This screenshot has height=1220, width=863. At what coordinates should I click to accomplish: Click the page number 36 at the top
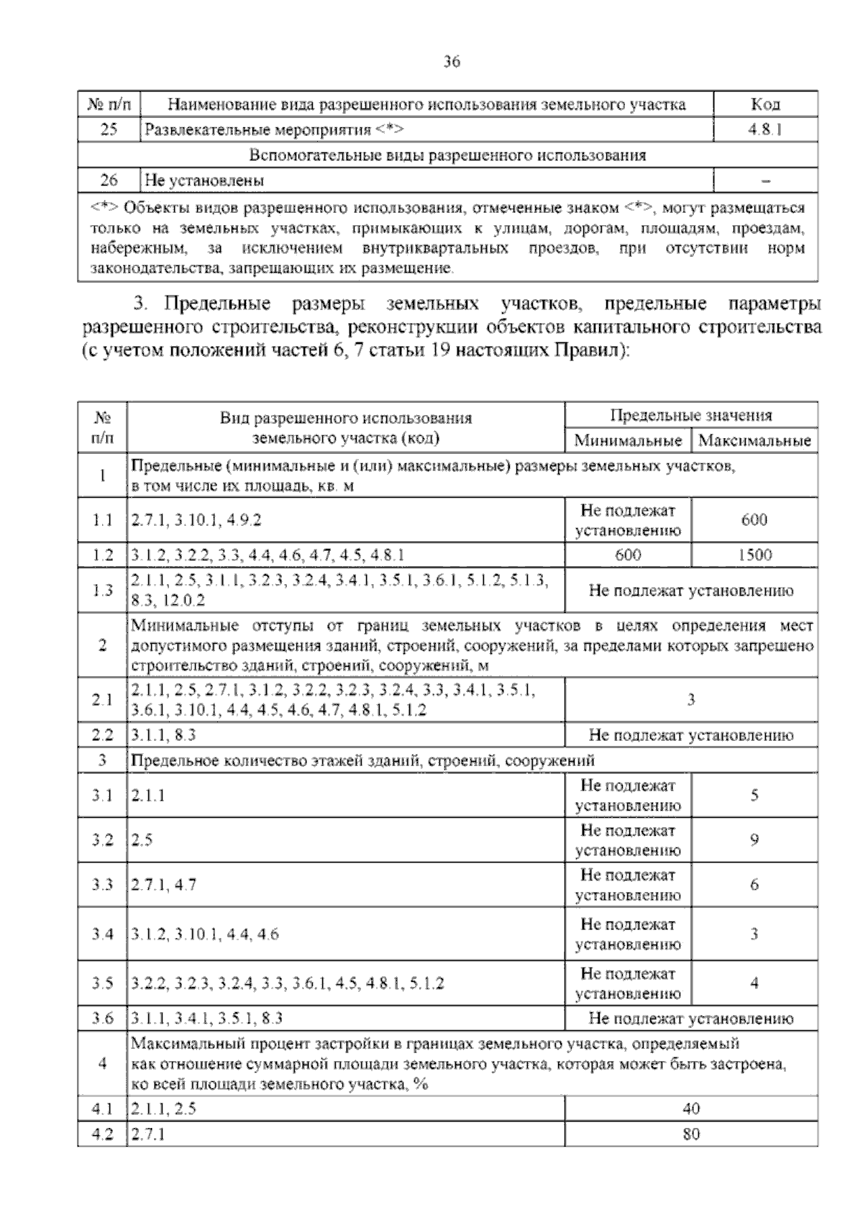451,62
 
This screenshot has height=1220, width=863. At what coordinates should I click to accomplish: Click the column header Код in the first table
765,105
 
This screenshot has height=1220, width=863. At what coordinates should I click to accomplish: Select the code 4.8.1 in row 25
765,130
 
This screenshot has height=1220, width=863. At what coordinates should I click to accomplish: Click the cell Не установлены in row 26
204,180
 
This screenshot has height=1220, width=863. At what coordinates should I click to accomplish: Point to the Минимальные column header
628,440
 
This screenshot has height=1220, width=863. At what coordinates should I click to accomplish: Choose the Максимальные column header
754,440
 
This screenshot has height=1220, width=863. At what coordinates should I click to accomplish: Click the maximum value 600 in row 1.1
754,520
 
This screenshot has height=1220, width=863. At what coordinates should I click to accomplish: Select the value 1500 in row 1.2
754,555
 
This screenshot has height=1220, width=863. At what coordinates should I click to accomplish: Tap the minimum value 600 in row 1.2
628,555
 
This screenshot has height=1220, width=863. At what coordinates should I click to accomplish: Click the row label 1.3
103,591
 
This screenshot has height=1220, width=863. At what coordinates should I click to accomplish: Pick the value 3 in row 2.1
691,700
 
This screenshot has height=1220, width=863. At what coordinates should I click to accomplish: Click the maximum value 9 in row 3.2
754,839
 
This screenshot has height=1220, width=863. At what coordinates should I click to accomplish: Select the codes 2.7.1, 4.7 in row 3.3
164,885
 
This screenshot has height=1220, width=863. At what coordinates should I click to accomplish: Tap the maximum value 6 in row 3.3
754,885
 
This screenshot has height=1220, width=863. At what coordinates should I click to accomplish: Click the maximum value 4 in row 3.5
754,983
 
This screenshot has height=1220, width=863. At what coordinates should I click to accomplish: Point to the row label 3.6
103,1019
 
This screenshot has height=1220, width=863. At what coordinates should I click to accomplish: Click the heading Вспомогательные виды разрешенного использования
447,155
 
